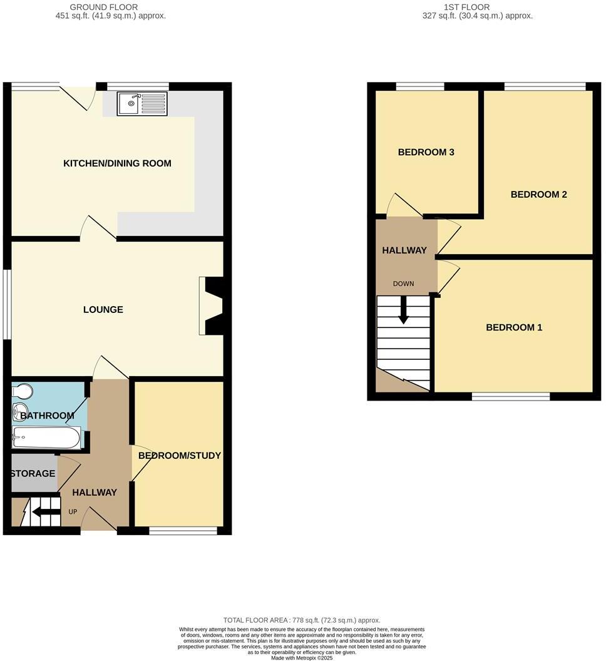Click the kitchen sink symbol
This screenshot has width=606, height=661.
[142, 104]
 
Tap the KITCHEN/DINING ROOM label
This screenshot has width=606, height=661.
[117, 163]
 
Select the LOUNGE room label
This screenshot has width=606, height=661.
[103, 309]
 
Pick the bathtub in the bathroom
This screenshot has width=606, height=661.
[45, 437]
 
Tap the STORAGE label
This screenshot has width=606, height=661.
[33, 473]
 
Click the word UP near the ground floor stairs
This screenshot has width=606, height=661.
[73, 511]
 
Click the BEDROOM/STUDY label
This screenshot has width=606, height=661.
[180, 455]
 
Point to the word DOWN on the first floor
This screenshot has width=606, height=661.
[403, 284]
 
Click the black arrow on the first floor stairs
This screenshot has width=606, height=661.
[404, 309]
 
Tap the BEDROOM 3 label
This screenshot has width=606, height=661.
[426, 152]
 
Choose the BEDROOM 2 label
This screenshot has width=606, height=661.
[538, 194]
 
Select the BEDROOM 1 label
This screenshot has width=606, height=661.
[514, 327]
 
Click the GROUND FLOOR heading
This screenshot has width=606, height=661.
[110, 8]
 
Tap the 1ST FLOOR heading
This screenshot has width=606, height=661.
[477, 8]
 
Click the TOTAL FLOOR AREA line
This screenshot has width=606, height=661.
[302, 620]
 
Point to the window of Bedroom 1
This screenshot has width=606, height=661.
[510, 396]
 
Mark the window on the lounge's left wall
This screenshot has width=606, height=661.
[7, 305]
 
